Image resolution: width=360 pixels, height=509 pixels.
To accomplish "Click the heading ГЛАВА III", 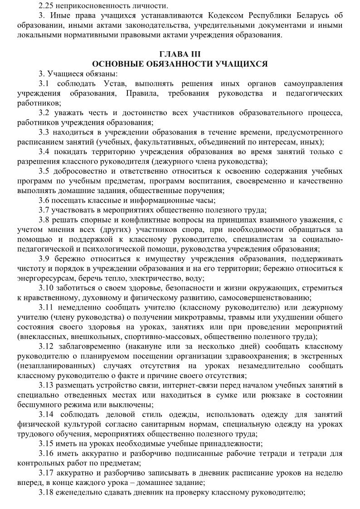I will click(180, 54).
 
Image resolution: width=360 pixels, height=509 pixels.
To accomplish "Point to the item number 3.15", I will click(47, 444).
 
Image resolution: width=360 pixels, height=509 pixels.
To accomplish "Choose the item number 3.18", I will click(47, 492).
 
